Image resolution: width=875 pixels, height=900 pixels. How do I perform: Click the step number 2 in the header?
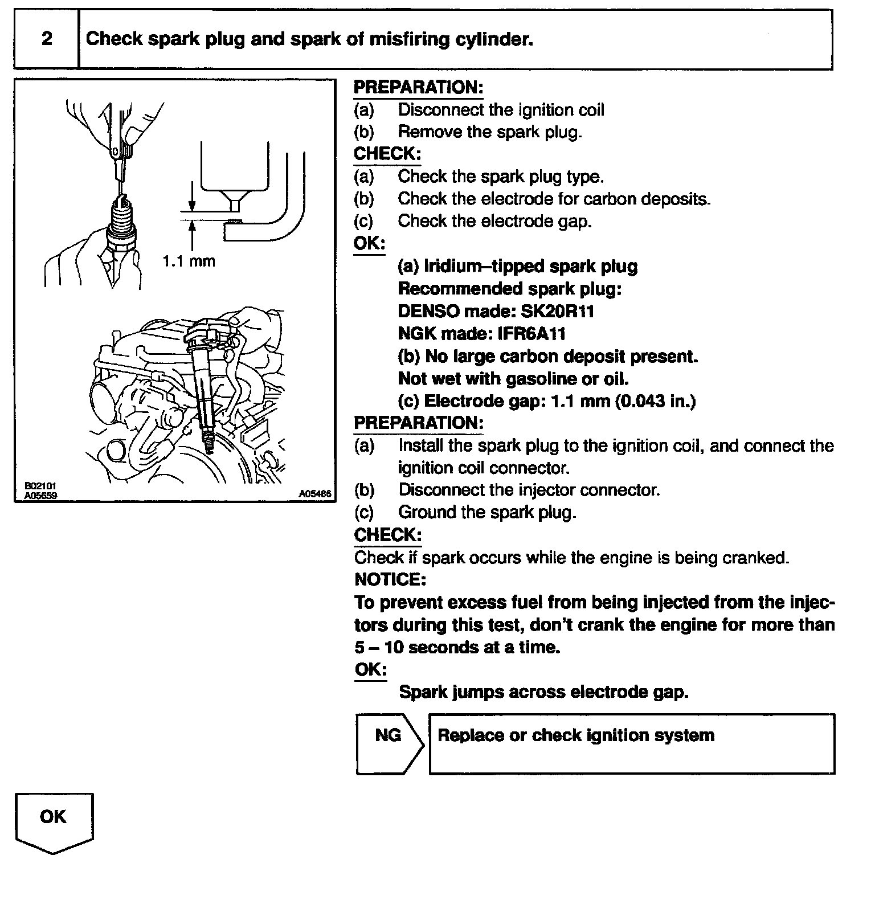[x=47, y=39]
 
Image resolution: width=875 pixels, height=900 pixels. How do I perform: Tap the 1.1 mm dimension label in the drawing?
[x=189, y=261]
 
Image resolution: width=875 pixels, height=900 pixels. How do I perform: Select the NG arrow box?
[x=389, y=743]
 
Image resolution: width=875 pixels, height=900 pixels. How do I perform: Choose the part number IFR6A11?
[x=531, y=334]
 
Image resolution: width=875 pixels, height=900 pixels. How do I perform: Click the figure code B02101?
[x=40, y=487]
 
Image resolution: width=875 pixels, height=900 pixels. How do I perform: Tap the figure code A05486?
[x=315, y=494]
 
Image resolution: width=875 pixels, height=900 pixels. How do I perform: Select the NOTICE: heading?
[x=390, y=580]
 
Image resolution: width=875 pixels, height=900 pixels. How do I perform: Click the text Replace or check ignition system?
[x=575, y=735]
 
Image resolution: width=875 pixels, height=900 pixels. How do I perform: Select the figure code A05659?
[x=40, y=495]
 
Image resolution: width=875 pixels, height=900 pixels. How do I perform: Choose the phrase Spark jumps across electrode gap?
[x=543, y=692]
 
